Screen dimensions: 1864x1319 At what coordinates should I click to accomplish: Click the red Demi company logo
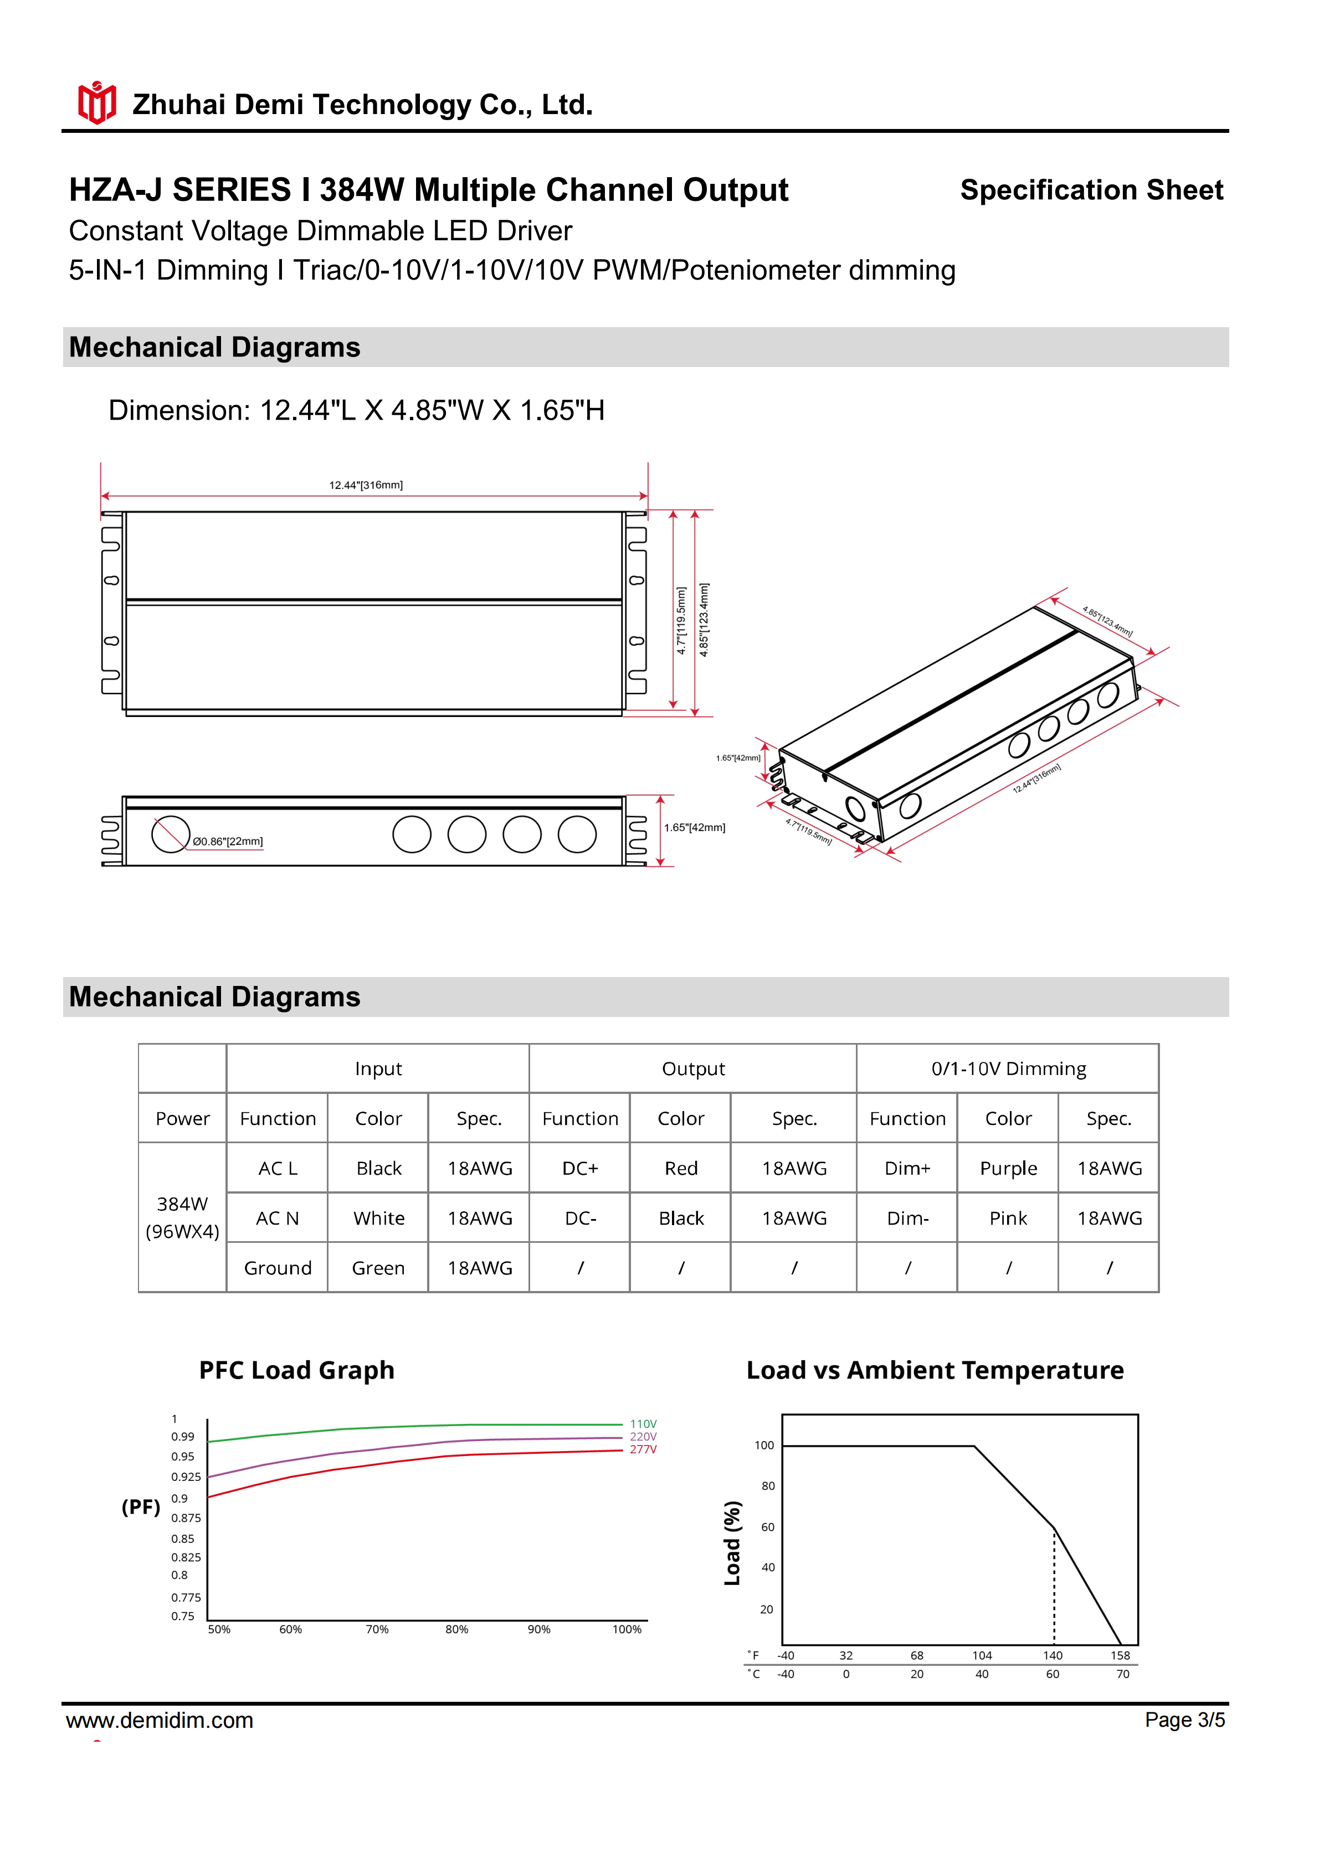(x=96, y=103)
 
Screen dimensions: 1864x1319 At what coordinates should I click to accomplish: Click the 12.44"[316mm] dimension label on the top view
(x=366, y=486)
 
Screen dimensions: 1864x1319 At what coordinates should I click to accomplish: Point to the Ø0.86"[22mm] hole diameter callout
(x=228, y=842)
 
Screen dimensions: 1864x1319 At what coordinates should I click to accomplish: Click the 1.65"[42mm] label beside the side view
(x=695, y=828)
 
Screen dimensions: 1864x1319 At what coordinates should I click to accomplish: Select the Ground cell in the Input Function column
(x=278, y=1268)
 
